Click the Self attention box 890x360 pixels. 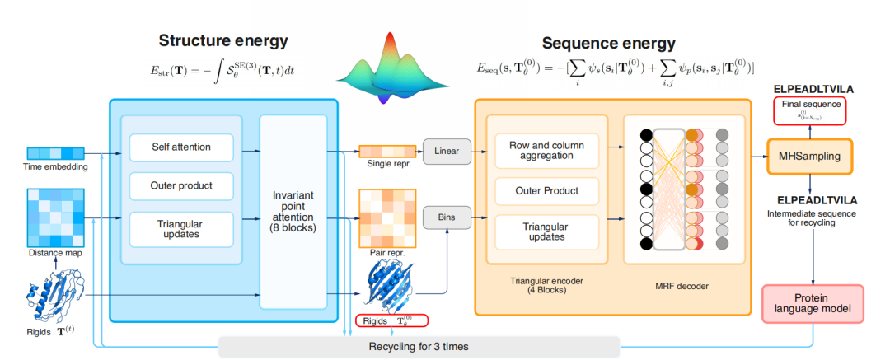click(181, 147)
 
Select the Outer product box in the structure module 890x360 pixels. click(181, 185)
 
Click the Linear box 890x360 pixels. click(446, 151)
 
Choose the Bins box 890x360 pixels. click(446, 217)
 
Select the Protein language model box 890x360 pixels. click(813, 303)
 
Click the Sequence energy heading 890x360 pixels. click(608, 43)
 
